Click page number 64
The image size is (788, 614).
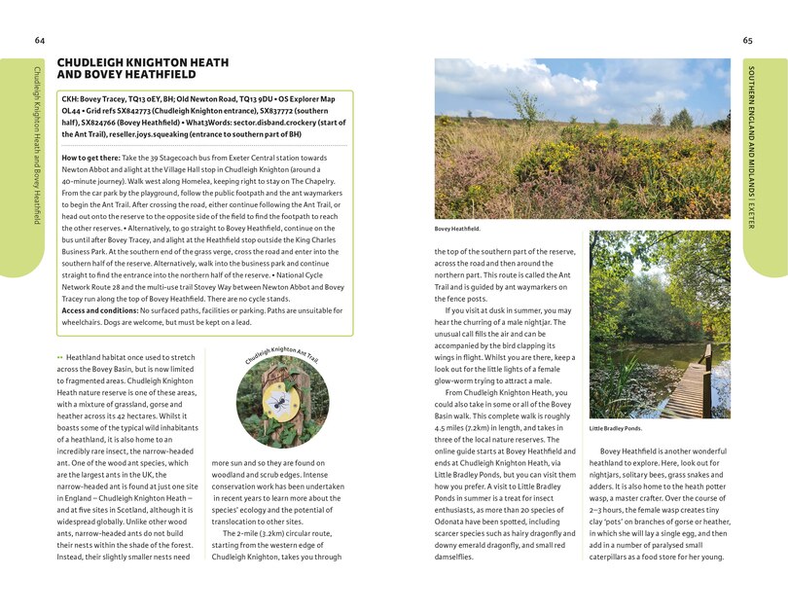[x=39, y=40]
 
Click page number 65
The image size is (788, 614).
[x=747, y=40]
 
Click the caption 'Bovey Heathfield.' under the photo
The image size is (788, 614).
[x=456, y=230]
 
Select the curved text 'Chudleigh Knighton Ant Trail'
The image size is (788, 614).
[x=282, y=355]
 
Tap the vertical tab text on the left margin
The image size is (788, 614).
[x=37, y=146]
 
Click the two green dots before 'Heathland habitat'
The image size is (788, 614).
[x=59, y=358]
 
